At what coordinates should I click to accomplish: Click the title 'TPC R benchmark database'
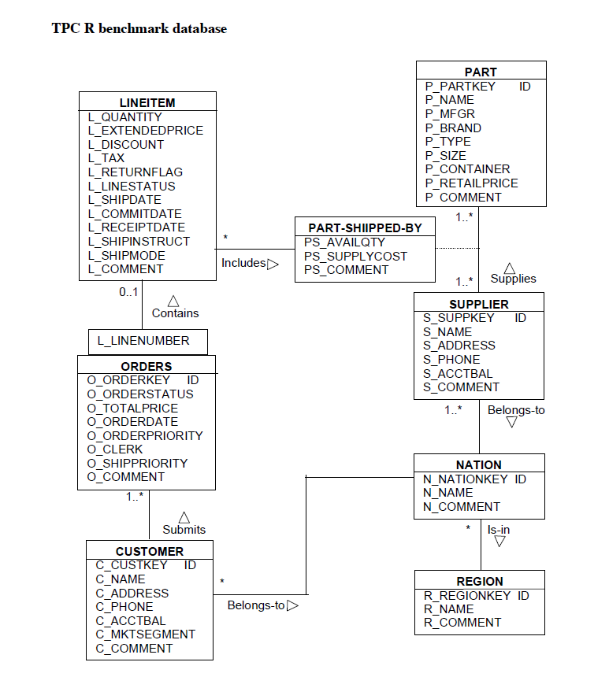(139, 29)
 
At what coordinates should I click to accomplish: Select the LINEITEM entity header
(147, 102)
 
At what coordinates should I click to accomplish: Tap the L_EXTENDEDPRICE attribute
(146, 131)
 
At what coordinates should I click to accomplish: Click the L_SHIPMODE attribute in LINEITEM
(127, 255)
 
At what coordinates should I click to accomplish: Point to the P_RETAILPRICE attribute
(471, 183)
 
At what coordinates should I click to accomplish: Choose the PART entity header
(481, 72)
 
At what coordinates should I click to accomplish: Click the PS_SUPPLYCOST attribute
(355, 257)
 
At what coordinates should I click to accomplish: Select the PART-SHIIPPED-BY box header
(365, 228)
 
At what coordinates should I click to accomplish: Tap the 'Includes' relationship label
(243, 263)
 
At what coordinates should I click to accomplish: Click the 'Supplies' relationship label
(513, 279)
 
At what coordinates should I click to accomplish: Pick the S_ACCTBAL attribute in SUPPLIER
(458, 374)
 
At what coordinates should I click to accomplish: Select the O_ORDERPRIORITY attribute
(145, 436)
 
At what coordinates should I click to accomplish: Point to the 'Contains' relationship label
(175, 313)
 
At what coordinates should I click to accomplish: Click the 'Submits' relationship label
(184, 530)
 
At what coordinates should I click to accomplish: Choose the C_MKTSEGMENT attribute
(146, 634)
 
